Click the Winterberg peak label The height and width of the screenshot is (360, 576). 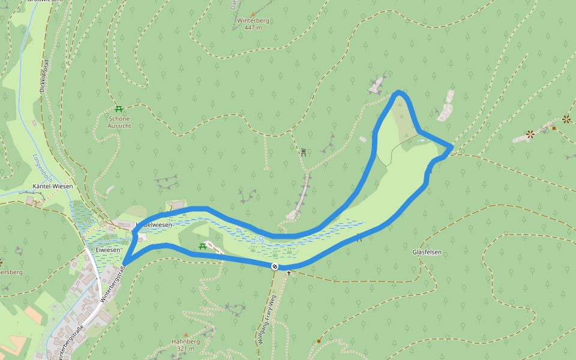(x=253, y=20)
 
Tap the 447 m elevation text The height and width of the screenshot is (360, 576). (x=253, y=28)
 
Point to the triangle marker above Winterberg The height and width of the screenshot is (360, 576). (x=253, y=13)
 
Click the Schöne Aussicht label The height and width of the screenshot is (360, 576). (x=119, y=122)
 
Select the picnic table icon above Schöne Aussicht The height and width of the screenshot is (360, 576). (x=119, y=109)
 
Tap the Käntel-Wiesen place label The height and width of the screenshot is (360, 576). (x=54, y=186)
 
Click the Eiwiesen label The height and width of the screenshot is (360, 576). (x=108, y=249)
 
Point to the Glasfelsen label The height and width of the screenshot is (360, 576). (x=427, y=252)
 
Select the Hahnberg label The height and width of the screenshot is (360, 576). (x=185, y=341)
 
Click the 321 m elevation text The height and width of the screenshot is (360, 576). (x=185, y=349)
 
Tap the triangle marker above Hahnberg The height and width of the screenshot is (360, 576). (x=185, y=334)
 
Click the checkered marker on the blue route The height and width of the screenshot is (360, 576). (x=275, y=266)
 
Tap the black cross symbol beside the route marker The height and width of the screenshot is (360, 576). (x=289, y=273)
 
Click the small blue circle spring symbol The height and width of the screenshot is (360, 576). (x=261, y=238)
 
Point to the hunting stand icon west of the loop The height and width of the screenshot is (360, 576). (x=304, y=152)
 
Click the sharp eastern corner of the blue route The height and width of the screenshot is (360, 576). (x=451, y=146)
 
